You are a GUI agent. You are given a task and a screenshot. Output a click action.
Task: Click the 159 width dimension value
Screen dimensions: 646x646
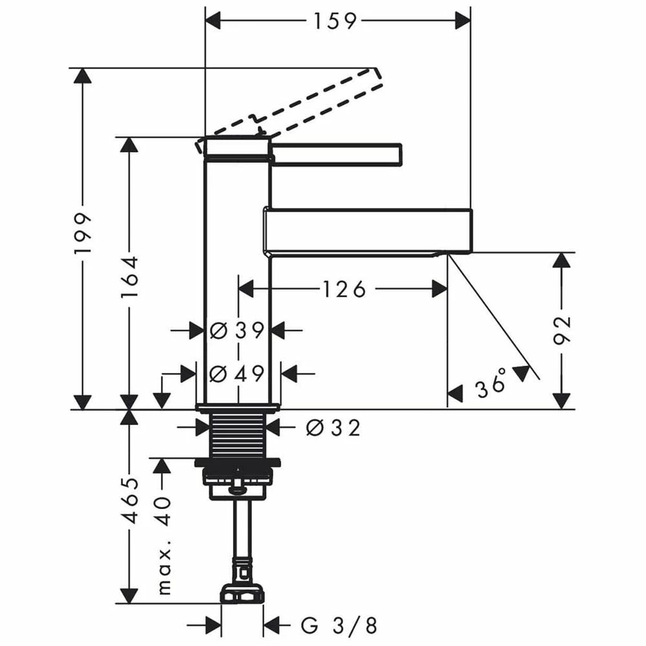335,21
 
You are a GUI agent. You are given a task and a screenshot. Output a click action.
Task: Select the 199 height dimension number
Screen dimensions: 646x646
83,232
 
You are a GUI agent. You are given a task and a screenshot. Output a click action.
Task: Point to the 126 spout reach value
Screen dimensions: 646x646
341,289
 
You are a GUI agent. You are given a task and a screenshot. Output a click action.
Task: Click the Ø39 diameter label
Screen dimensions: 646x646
238,331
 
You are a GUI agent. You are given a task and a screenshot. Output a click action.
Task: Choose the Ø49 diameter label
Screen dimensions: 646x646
238,373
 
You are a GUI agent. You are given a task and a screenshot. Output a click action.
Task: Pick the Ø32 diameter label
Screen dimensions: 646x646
333,427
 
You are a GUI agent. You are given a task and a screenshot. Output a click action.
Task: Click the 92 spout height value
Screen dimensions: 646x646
563,331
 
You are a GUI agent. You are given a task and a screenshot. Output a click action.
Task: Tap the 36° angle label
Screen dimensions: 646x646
490,387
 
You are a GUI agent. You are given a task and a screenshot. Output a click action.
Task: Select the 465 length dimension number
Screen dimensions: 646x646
131,500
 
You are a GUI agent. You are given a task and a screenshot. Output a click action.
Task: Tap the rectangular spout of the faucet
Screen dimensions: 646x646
368,231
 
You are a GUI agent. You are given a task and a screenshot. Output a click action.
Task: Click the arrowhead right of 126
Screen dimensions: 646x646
439,289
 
